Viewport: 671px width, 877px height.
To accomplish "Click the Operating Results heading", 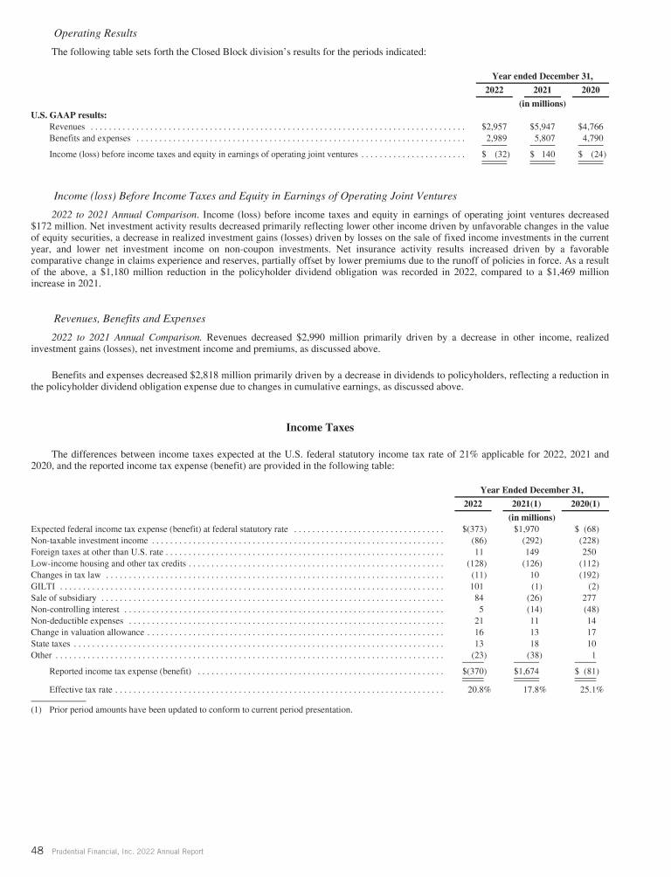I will tap(95, 33).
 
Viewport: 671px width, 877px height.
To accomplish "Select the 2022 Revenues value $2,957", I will tap(495, 126).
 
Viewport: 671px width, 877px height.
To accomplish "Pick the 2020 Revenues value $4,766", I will tap(591, 126).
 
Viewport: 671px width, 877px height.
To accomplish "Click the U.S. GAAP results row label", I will tap(69, 114).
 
